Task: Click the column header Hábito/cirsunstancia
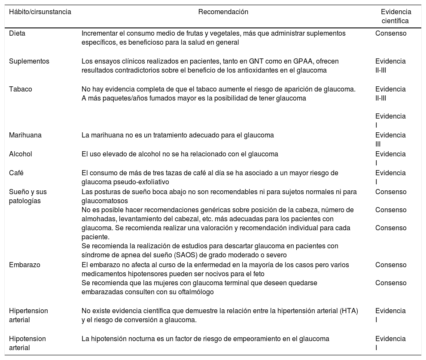coord(40,12)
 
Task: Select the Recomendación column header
coord(223,12)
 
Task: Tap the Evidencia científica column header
coord(396,16)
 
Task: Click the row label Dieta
coord(17,34)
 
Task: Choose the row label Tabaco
coord(21,89)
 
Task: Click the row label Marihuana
coord(25,135)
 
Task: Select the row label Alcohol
coord(21,154)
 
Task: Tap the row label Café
coord(16,173)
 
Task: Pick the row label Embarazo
coord(24,265)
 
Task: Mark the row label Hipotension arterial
coord(27,343)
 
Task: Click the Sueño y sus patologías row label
coord(27,196)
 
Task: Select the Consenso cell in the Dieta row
coord(391,34)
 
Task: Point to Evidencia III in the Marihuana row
coord(390,139)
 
